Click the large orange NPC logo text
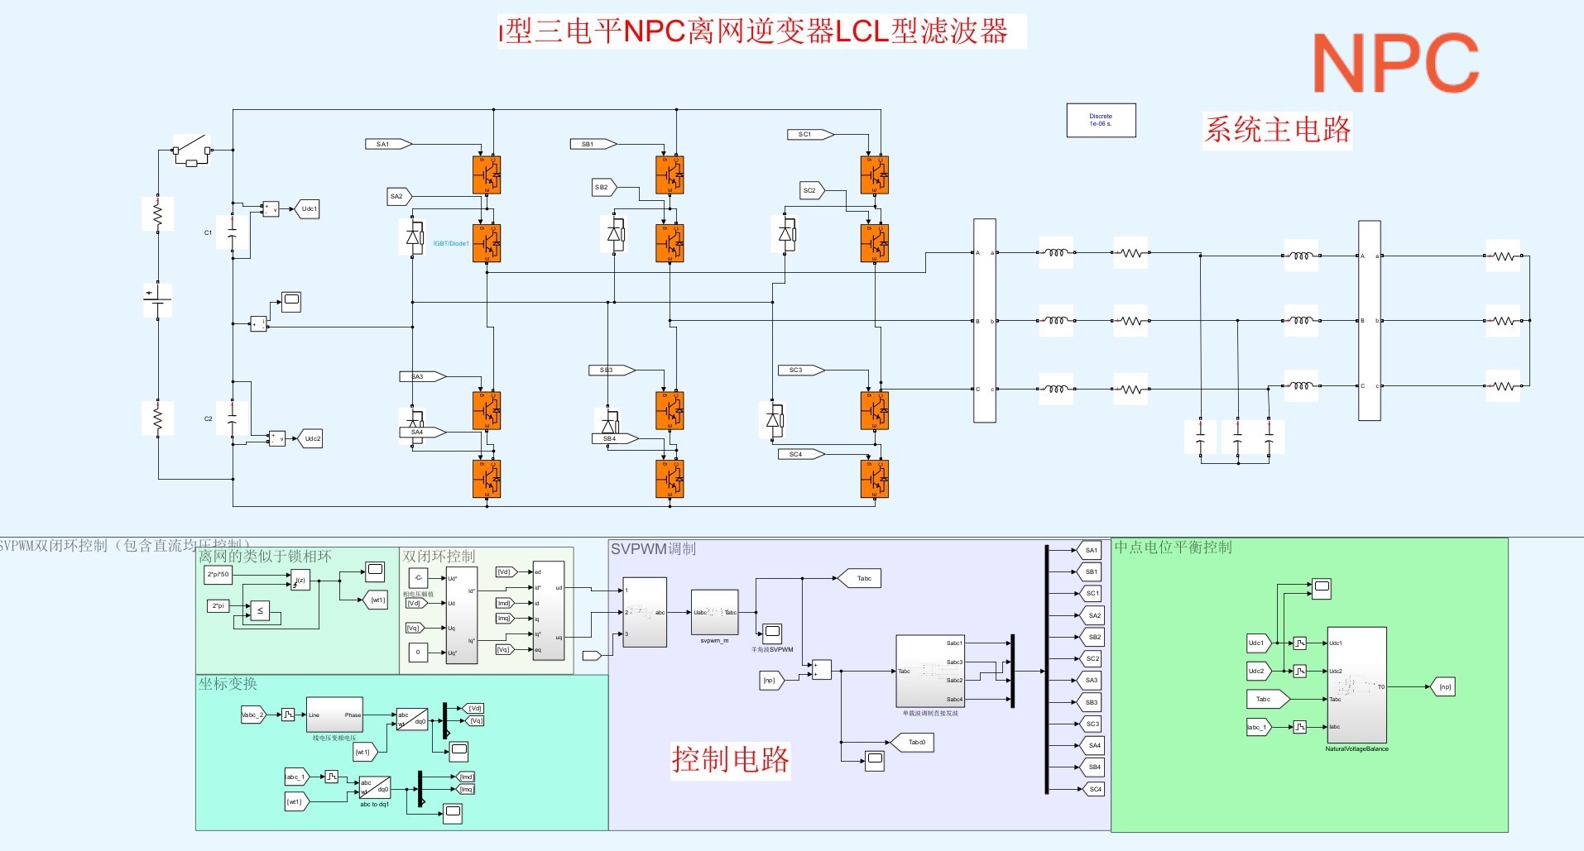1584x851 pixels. (1395, 64)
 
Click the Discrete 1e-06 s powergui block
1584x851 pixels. (1101, 121)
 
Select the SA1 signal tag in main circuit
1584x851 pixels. (386, 144)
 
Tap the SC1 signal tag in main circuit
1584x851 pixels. (808, 134)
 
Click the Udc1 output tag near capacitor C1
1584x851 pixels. (309, 208)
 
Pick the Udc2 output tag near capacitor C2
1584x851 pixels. (311, 438)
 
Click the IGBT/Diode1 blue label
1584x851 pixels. (451, 243)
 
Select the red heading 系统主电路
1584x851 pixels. (1277, 130)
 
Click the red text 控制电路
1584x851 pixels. (730, 759)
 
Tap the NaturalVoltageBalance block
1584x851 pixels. (1356, 685)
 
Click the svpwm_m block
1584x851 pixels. (714, 613)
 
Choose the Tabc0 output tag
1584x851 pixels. (915, 742)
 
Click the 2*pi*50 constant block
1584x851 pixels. (218, 574)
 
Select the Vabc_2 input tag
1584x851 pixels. (252, 715)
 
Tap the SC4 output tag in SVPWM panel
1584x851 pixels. (1094, 789)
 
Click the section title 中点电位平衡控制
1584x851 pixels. (1173, 547)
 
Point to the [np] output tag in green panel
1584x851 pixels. (1442, 686)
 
